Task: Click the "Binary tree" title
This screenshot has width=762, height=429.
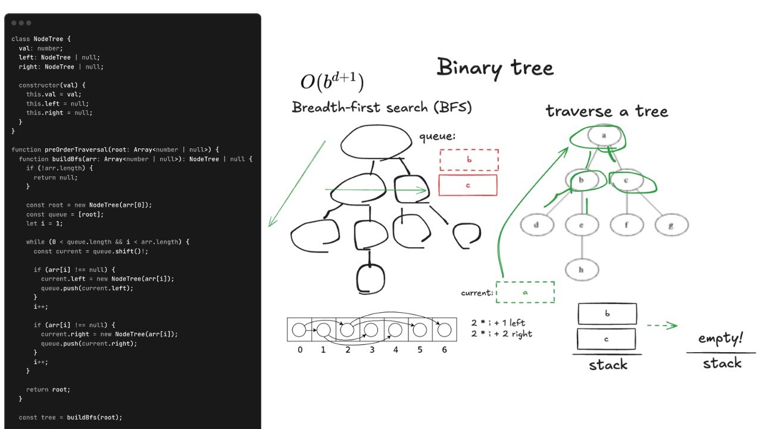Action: click(495, 67)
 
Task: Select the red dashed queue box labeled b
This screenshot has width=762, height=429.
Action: click(469, 160)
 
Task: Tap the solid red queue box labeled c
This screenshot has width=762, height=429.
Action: click(468, 185)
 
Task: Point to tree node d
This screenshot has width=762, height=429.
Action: click(536, 225)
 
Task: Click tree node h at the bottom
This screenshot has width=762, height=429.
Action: click(582, 269)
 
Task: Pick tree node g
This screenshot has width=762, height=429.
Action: click(672, 225)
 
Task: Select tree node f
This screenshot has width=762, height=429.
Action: click(626, 225)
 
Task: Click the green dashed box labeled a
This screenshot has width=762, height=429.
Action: click(525, 293)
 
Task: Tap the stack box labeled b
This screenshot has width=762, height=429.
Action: click(607, 314)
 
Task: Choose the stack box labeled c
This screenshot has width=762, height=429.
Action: click(607, 339)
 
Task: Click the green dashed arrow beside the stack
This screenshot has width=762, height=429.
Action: click(662, 325)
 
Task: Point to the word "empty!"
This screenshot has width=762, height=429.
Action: click(721, 339)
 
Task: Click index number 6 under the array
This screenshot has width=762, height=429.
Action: click(444, 350)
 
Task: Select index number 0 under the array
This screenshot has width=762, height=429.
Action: click(299, 350)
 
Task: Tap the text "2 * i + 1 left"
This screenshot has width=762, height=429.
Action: click(498, 322)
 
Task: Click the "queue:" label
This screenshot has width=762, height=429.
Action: click(438, 136)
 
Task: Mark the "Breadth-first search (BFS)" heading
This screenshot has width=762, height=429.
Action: click(382, 108)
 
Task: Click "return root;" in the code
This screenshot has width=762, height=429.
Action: click(48, 390)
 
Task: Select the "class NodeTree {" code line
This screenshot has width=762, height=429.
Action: click(41, 39)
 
